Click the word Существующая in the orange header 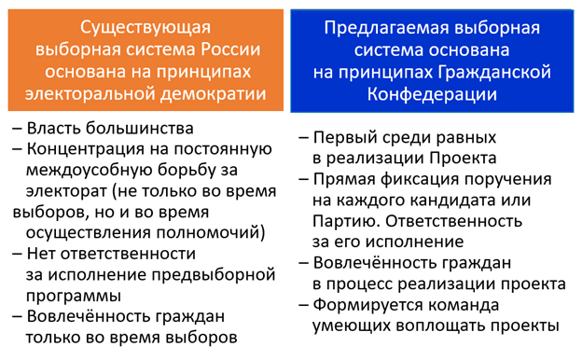[x=140, y=26]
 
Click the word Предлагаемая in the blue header [x=380, y=26]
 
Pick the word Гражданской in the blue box [x=497, y=72]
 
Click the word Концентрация [x=90, y=148]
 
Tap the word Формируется [x=373, y=305]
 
